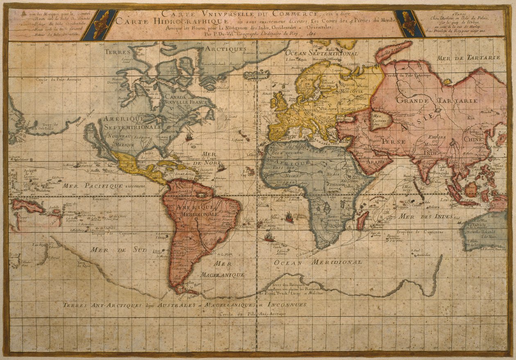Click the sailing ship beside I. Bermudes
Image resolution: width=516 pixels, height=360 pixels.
pos(189,137)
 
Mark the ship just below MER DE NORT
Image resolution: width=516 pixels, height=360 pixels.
pos(222,167)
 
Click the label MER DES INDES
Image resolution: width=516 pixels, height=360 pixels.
pos(426,216)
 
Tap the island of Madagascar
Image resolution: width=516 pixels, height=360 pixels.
pos(362,220)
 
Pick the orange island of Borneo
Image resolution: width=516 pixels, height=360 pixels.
pos(471,189)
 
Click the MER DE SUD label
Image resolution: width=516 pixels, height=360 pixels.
pos(107,249)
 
